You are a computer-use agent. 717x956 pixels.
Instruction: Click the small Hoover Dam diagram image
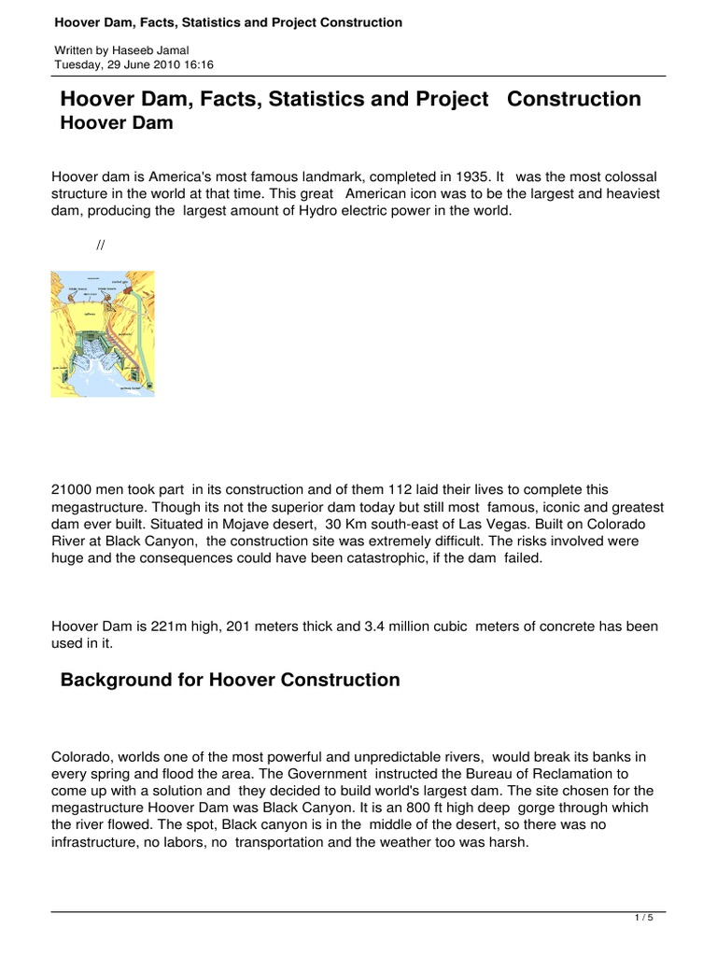pyautogui.click(x=103, y=334)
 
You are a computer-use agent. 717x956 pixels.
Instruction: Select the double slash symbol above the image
pyautogui.click(x=99, y=246)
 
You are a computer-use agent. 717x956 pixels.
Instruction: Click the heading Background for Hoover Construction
pyautogui.click(x=230, y=680)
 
